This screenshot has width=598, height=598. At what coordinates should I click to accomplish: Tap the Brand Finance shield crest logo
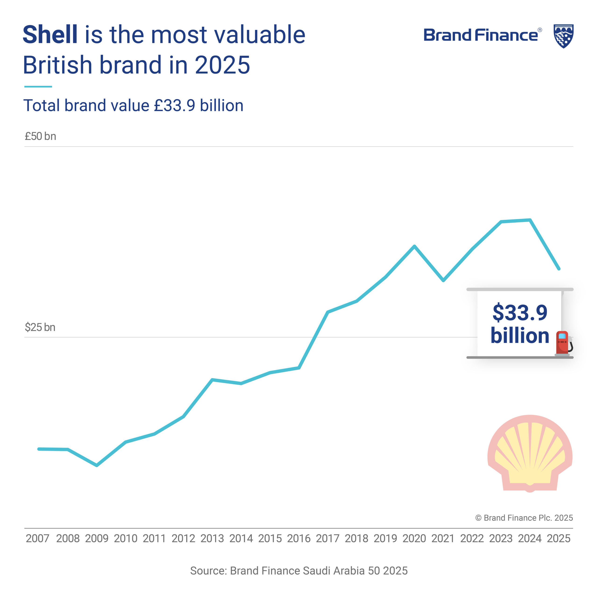(x=563, y=36)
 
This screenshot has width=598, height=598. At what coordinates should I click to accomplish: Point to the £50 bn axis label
(x=40, y=136)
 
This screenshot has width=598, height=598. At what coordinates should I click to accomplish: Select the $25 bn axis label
(x=40, y=327)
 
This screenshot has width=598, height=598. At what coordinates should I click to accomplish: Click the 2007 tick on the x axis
(x=37, y=539)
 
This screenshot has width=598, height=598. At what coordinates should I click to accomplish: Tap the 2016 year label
(x=299, y=539)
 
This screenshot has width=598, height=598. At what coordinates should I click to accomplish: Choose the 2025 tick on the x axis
(x=558, y=539)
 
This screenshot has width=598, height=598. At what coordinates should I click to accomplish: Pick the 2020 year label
(x=414, y=539)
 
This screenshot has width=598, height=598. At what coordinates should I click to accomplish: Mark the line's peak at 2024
(x=530, y=220)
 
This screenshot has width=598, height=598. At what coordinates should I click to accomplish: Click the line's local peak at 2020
(x=414, y=246)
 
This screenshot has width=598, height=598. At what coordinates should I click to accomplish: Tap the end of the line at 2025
(x=559, y=269)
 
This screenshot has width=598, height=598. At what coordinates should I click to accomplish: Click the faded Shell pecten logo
(x=530, y=453)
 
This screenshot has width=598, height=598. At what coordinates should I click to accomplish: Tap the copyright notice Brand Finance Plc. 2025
(x=524, y=518)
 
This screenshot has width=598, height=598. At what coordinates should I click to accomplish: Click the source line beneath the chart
(x=299, y=570)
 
